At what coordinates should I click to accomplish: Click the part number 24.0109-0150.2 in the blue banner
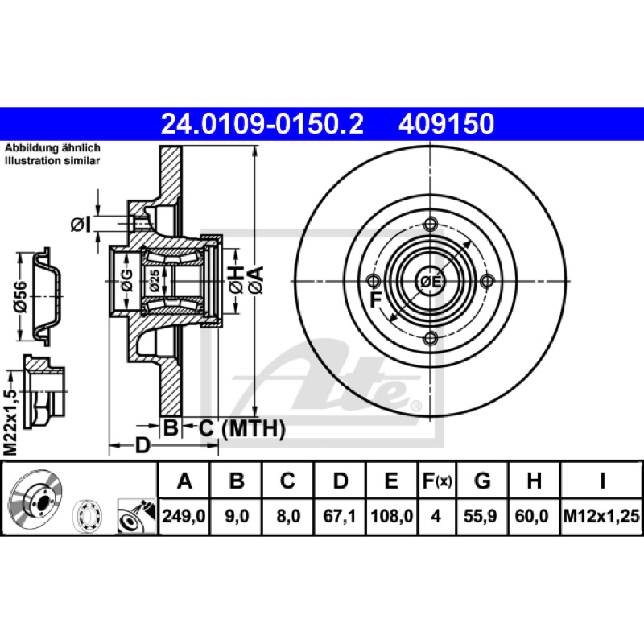[262, 124]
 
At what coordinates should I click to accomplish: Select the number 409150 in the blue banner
[446, 124]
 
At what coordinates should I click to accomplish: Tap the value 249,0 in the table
[184, 516]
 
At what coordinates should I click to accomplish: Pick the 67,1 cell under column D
[339, 516]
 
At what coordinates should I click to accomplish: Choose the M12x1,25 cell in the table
[601, 516]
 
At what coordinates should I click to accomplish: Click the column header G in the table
[482, 480]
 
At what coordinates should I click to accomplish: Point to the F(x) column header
[437, 480]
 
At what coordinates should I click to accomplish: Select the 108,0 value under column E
[391, 516]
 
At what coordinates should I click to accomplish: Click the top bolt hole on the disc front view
[430, 225]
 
